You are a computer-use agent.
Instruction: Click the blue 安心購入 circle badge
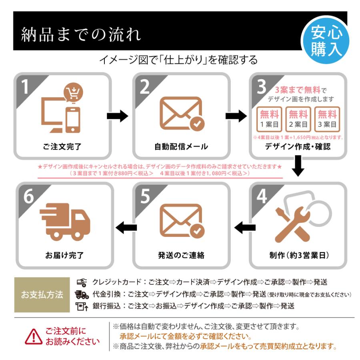[325, 40]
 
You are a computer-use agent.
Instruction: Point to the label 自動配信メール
[181, 146]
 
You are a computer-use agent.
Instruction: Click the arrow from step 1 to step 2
[117, 116]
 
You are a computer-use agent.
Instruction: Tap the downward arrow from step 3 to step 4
[298, 167]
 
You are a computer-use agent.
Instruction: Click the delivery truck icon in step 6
[64, 222]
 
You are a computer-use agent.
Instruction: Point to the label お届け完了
[64, 255]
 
